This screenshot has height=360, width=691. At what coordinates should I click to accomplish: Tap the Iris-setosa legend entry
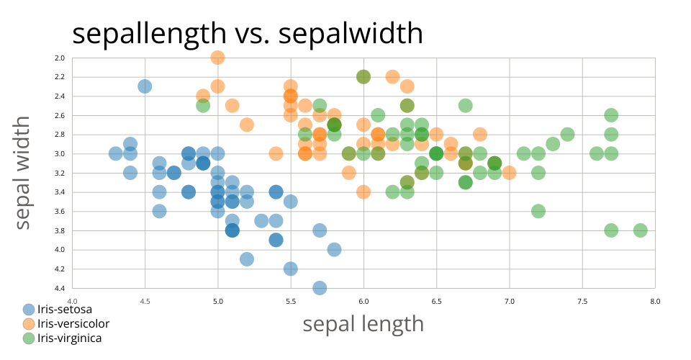64,310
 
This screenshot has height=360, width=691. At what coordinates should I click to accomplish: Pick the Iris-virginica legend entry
69,338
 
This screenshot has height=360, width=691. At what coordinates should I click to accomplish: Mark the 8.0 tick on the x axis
654,301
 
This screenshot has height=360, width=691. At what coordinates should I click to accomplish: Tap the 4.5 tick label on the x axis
145,301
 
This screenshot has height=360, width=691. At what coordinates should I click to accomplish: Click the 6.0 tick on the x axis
363,301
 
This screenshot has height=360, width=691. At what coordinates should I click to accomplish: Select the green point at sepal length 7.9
640,230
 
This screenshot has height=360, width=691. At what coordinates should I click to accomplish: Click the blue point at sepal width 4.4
320,288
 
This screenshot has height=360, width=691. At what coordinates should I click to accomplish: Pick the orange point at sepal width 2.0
217,58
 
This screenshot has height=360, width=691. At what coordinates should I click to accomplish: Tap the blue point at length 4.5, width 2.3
145,86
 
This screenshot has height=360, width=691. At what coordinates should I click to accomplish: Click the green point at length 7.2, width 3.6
538,211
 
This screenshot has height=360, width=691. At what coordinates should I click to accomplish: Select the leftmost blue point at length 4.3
115,153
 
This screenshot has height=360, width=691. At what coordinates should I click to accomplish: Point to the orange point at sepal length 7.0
509,173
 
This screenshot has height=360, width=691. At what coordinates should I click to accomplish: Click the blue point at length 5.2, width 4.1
247,259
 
